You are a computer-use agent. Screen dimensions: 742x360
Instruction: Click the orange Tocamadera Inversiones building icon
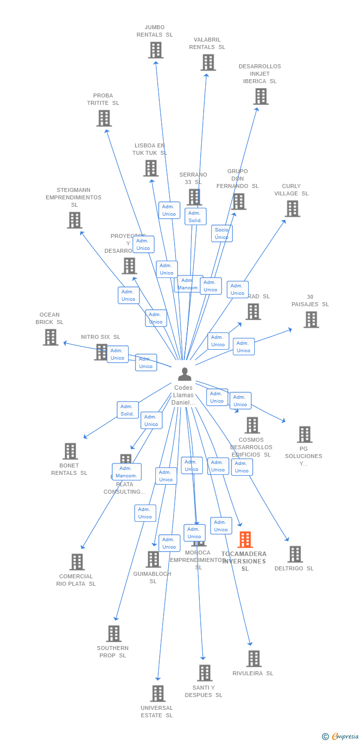pyautogui.click(x=245, y=540)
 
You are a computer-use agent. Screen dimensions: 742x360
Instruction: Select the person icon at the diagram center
pyautogui.click(x=184, y=374)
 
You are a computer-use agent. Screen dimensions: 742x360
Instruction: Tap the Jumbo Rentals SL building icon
pyautogui.click(x=156, y=50)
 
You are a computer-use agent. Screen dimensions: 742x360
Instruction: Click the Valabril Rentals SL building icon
pyautogui.click(x=208, y=62)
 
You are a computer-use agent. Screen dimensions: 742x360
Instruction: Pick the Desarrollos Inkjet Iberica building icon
pyautogui.click(x=261, y=96)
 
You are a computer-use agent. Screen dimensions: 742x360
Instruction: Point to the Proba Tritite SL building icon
pyautogui.click(x=104, y=118)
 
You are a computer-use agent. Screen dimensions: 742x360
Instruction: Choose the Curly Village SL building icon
pyautogui.click(x=292, y=209)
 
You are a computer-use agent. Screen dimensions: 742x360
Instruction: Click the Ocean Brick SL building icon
pyautogui.click(x=50, y=337)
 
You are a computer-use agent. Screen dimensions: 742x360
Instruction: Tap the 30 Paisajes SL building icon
pyautogui.click(x=311, y=320)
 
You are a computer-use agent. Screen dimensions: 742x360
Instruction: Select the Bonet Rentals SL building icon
pyautogui.click(x=70, y=451)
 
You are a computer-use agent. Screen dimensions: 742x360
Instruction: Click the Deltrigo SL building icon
pyautogui.click(x=295, y=555)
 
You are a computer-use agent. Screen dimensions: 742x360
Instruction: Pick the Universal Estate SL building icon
pyautogui.click(x=158, y=694)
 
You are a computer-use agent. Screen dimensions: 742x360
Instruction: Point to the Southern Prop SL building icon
pyautogui.click(x=114, y=634)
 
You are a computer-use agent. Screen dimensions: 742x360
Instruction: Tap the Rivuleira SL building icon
pyautogui.click(x=254, y=658)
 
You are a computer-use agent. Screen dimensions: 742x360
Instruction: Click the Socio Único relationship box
pyautogui.click(x=222, y=233)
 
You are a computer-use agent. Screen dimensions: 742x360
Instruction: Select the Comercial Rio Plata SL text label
pyautogui.click(x=76, y=580)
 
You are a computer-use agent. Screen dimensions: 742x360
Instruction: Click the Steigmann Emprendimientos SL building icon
pyautogui.click(x=75, y=220)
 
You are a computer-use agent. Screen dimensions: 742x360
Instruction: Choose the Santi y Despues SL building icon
pyautogui.click(x=205, y=673)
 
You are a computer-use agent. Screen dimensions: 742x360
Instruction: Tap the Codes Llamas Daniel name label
pyautogui.click(x=183, y=395)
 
